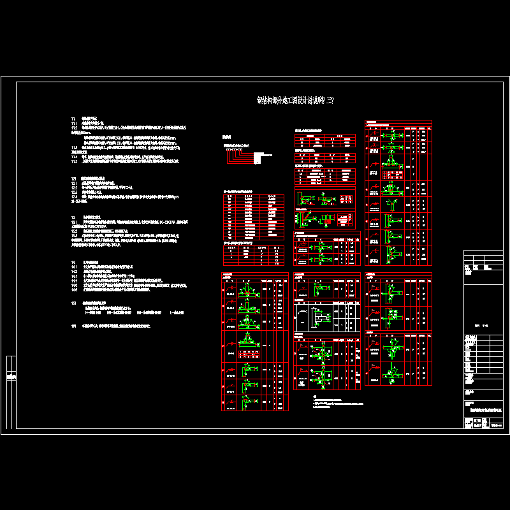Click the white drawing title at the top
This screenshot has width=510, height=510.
(295, 101)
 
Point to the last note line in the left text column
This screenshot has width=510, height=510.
(112, 326)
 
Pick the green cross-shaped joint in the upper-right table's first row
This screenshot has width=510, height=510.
(394, 136)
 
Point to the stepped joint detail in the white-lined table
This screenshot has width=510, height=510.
(323, 317)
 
